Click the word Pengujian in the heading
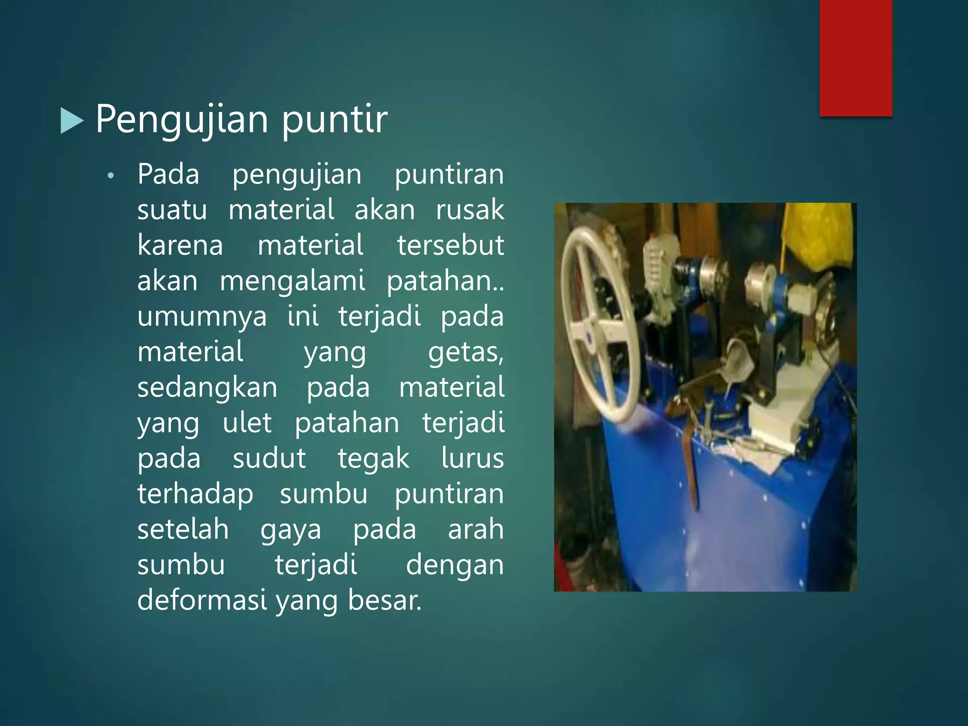click(182, 119)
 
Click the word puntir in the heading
click(334, 119)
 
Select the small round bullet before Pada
click(111, 176)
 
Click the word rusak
click(470, 210)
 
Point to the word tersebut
click(450, 245)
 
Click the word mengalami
click(293, 281)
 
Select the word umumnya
click(202, 316)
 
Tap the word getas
click(465, 353)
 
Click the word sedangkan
click(207, 388)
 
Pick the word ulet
click(247, 423)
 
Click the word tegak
click(373, 458)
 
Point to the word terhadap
click(195, 494)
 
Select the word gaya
click(291, 530)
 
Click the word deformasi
click(202, 600)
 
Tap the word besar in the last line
click(384, 600)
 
